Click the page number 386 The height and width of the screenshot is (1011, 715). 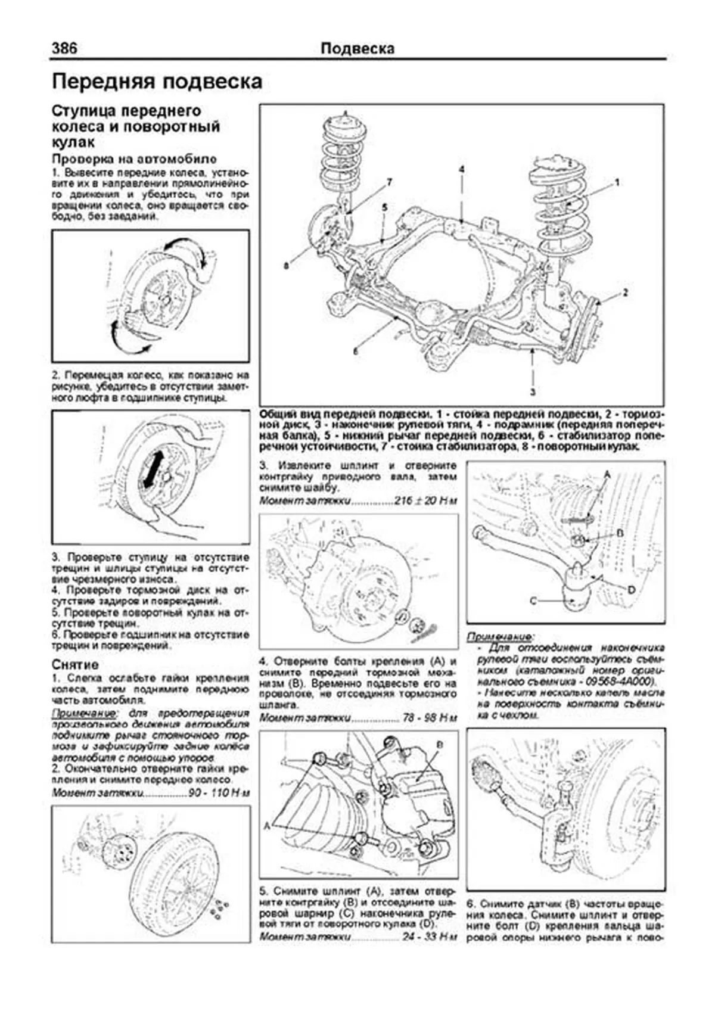[x=64, y=48]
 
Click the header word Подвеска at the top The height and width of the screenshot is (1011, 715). [x=357, y=49]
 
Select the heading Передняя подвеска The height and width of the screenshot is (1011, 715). [x=157, y=82]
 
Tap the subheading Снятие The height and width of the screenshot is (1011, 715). [x=75, y=665]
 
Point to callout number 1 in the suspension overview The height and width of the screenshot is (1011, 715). [x=618, y=182]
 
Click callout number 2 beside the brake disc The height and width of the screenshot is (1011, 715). [x=625, y=293]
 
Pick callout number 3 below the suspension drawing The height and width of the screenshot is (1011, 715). [x=532, y=392]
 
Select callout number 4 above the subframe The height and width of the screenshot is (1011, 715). [x=461, y=170]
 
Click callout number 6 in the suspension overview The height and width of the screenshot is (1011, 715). [x=355, y=351]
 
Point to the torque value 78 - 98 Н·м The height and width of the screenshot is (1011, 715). [x=430, y=718]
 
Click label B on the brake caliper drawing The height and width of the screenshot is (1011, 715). [x=440, y=745]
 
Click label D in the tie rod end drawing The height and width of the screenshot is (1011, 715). [x=632, y=589]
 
